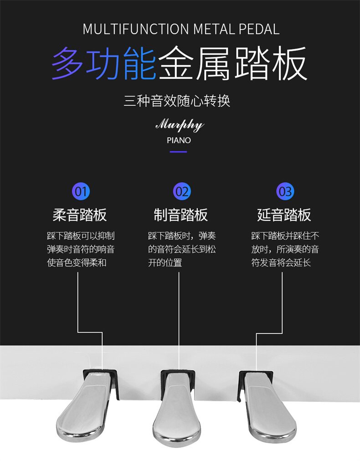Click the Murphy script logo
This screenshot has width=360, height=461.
coord(180,125)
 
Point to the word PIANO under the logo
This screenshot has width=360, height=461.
coord(179,140)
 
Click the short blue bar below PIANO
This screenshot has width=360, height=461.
coord(179,152)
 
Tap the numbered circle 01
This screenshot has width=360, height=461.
coord(81,191)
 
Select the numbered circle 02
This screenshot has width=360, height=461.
coord(182,191)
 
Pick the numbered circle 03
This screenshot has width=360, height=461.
coord(285,191)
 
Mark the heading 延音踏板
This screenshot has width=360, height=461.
coord(284,215)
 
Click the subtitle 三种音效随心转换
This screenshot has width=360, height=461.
coord(177,100)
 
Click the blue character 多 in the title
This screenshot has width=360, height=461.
coord(68,65)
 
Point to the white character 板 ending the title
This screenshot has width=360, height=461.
coord(290,65)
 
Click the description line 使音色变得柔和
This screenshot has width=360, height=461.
coord(77,263)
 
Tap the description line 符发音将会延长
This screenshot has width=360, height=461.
coord(281,263)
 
